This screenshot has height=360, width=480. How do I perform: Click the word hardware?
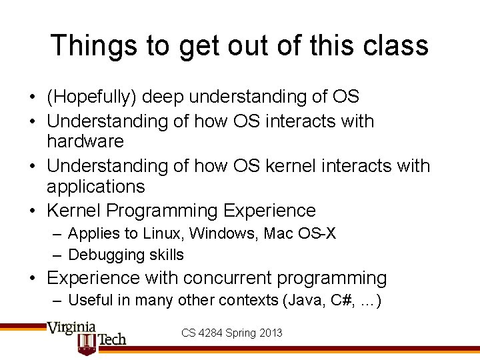click(x=85, y=141)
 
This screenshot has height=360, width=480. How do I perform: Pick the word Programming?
click(x=162, y=211)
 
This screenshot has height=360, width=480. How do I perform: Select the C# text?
click(x=338, y=301)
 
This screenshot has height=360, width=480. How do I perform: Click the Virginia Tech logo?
click(x=85, y=336)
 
